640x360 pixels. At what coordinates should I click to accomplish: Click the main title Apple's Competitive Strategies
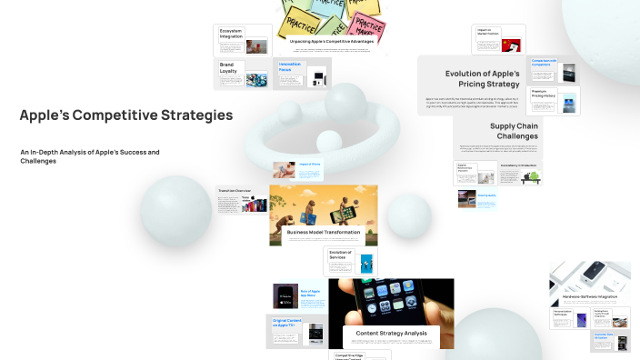(125, 115)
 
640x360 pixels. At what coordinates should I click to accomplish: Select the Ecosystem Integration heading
(231, 33)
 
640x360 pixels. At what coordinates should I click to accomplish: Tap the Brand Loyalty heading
(227, 67)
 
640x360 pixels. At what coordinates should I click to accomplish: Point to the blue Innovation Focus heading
(291, 66)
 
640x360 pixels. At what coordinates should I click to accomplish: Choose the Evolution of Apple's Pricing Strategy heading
(482, 79)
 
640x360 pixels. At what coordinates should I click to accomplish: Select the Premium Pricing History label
(545, 93)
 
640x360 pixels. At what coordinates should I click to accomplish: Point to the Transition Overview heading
(234, 190)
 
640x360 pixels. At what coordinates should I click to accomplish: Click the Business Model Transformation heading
(324, 232)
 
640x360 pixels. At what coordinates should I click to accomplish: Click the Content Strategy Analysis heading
(391, 332)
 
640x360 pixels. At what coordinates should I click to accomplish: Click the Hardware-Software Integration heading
(590, 296)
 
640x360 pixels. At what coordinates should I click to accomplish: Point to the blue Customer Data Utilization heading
(606, 336)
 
